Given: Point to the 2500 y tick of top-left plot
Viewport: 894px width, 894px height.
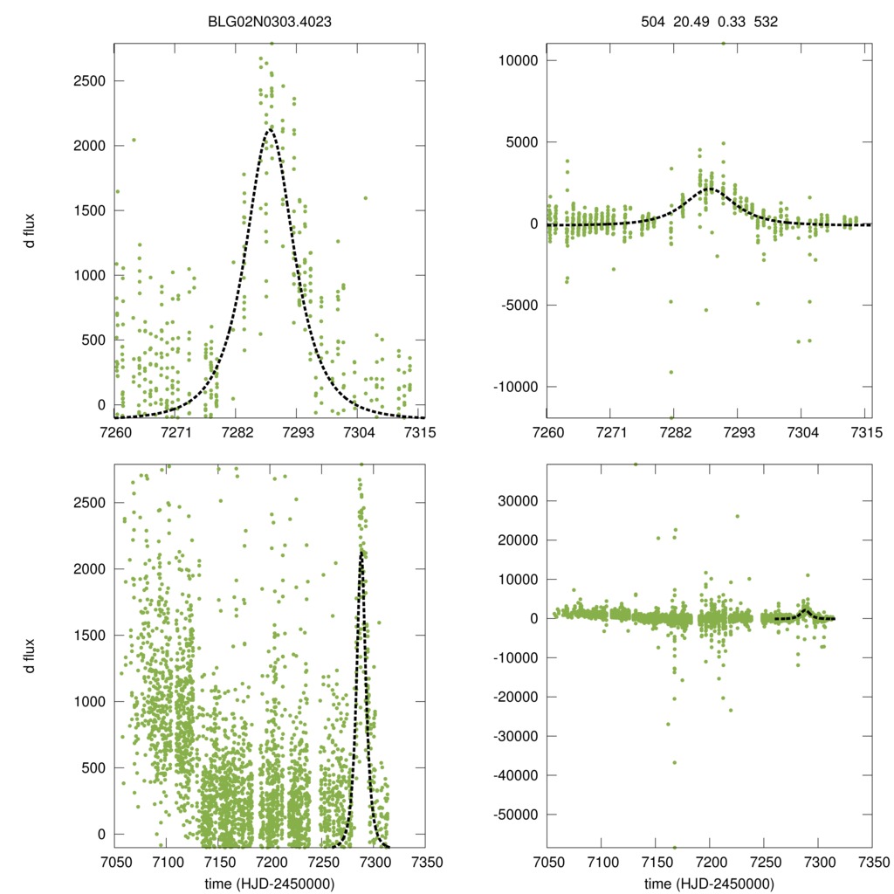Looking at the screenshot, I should (87, 81).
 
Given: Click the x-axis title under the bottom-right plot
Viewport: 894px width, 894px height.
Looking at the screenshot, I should (707, 883).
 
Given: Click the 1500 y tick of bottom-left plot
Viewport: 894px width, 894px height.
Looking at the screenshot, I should (87, 635).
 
